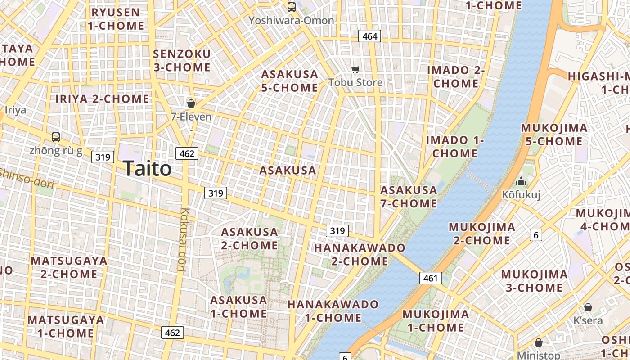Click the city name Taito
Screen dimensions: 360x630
click(x=147, y=169)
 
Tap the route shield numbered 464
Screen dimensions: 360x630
click(x=369, y=36)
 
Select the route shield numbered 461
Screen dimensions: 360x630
click(x=431, y=278)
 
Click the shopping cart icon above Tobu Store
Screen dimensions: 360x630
click(x=355, y=69)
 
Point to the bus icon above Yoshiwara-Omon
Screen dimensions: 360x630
click(x=292, y=7)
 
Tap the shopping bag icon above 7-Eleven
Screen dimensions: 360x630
click(x=191, y=103)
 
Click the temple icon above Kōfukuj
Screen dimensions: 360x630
click(x=521, y=181)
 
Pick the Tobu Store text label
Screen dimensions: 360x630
click(x=355, y=82)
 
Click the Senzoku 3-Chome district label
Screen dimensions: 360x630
click(x=182, y=61)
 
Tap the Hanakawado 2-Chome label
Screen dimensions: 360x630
click(x=360, y=254)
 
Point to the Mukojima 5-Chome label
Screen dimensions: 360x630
click(x=554, y=135)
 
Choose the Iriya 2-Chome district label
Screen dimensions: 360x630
click(x=102, y=99)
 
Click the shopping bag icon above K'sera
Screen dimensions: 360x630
click(x=588, y=307)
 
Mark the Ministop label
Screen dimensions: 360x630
click(x=538, y=355)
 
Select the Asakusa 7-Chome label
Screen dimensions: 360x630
click(x=409, y=197)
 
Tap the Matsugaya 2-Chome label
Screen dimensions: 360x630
click(x=69, y=267)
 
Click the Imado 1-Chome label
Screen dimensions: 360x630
click(x=455, y=147)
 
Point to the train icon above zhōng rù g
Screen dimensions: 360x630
click(x=56, y=137)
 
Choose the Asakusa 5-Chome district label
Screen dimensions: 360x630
click(x=290, y=81)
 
